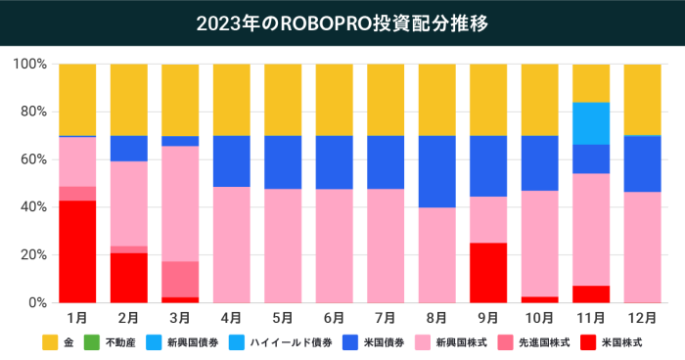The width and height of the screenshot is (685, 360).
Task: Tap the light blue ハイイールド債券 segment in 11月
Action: (x=590, y=123)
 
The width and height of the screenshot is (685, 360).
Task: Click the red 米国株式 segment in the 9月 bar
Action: (x=488, y=273)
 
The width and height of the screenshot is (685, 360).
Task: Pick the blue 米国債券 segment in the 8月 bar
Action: (x=436, y=171)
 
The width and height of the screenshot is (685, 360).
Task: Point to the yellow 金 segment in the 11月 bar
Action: (x=590, y=83)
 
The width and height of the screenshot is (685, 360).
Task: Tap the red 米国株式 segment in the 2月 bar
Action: (x=129, y=278)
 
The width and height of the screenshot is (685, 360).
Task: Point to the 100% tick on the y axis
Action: (x=30, y=65)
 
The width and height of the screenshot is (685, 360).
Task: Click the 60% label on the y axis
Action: (x=32, y=159)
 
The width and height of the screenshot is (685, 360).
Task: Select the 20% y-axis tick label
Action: (x=32, y=255)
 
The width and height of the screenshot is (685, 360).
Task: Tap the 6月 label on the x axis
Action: (x=334, y=318)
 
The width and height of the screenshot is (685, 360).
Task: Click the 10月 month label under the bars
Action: (x=539, y=318)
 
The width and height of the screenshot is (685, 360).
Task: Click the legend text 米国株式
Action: (x=624, y=342)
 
